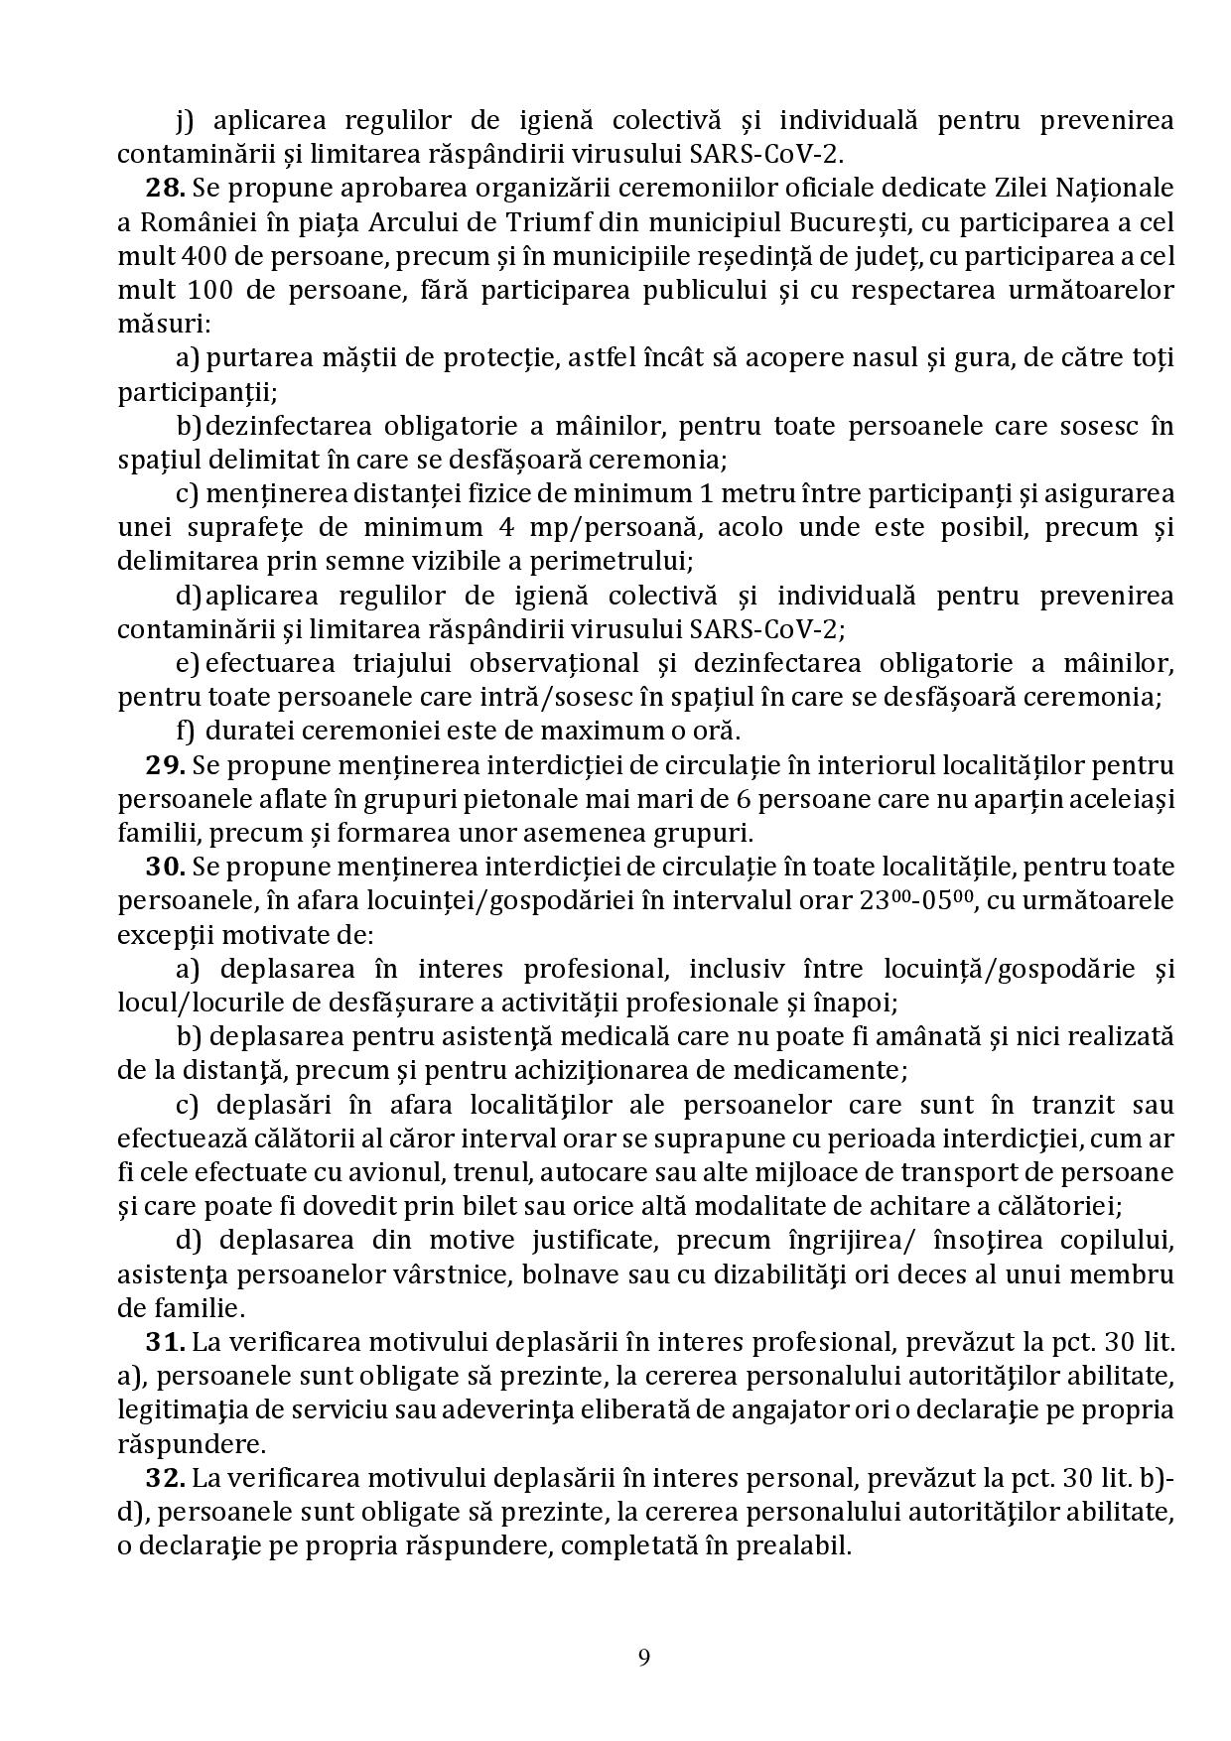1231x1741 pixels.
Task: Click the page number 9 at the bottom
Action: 644,1657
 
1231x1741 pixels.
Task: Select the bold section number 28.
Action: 165,188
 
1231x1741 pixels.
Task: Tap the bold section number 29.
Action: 165,765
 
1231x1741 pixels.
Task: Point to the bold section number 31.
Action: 165,1342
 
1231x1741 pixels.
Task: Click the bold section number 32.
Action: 165,1478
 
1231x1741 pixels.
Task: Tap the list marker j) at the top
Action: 187,121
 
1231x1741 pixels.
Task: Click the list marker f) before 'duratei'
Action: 186,732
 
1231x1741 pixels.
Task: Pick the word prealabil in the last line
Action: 800,1546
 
